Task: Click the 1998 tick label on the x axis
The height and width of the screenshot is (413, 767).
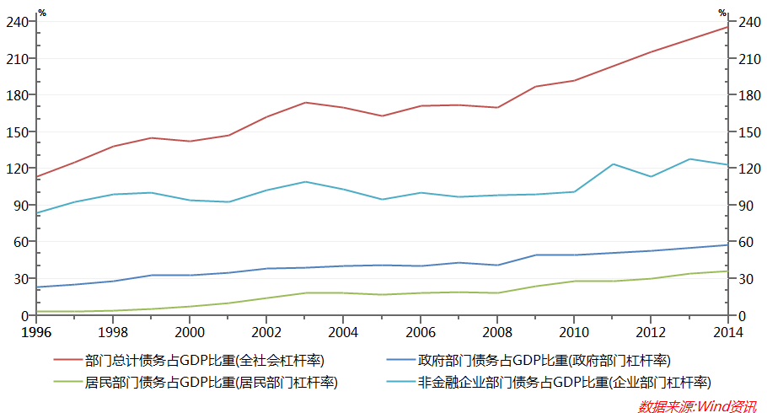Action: pos(113,331)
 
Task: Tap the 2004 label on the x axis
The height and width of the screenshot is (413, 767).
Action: pos(343,331)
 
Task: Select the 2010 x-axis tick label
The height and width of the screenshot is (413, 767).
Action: pos(574,331)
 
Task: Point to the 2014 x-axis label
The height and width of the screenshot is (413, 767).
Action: pos(727,331)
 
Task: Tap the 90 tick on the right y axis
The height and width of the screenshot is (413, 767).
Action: pos(745,206)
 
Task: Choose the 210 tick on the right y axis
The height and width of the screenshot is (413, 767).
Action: pos(748,59)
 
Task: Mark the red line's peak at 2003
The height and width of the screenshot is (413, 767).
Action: pos(305,103)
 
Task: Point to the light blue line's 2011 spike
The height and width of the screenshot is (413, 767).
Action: pos(613,164)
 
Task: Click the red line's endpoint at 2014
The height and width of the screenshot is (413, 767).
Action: pos(727,27)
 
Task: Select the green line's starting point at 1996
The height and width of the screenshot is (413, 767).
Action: pos(36,312)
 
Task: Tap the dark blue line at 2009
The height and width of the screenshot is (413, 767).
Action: pos(536,255)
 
